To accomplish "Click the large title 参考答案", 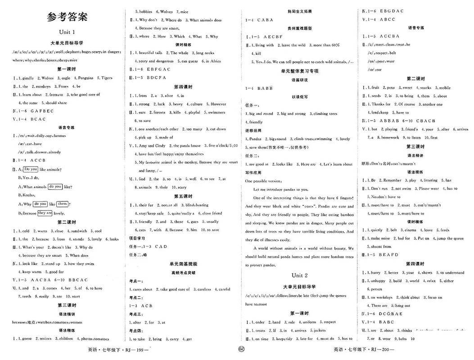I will click(67, 17).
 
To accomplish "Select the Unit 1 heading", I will click(67, 32).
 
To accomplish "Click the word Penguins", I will click(84, 78).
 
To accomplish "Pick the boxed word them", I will click(63, 204).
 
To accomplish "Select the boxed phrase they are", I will click(45, 213).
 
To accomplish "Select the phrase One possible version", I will click(262, 181).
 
